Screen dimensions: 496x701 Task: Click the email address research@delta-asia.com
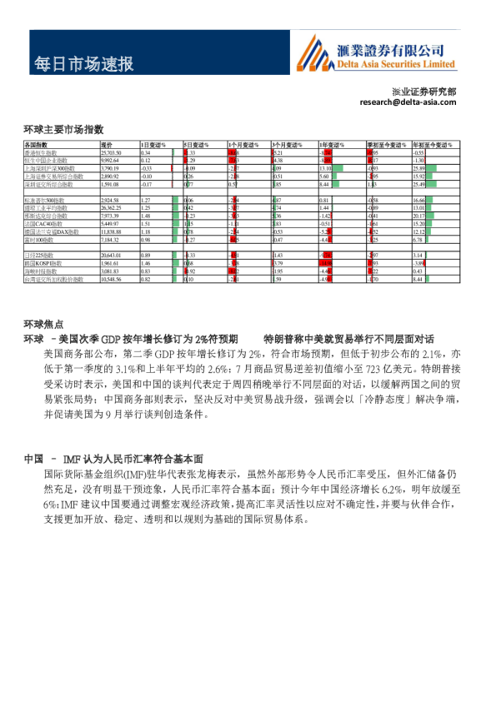pos(409,102)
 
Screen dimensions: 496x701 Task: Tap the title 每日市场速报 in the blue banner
pos(83,65)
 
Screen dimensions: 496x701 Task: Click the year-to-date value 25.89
pos(419,168)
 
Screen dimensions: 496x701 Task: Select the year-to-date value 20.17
pos(419,216)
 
